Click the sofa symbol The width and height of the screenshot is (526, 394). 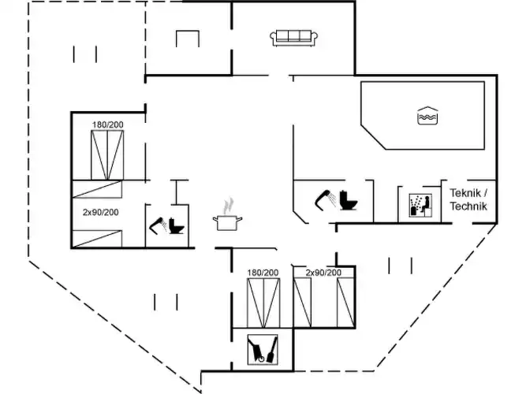click(x=294, y=37)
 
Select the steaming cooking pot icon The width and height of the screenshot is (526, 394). click(x=227, y=217)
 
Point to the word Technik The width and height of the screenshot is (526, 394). click(x=468, y=206)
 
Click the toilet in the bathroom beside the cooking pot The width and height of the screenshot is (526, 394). click(x=177, y=225)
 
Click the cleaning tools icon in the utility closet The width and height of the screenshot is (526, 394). click(x=263, y=349)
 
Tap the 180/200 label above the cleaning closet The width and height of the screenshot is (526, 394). click(x=263, y=273)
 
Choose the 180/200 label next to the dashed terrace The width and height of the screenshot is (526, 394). click(x=107, y=125)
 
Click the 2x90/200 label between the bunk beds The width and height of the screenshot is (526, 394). click(x=100, y=212)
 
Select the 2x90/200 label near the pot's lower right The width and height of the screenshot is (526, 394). click(x=323, y=273)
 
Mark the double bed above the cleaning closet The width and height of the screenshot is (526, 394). click(x=263, y=302)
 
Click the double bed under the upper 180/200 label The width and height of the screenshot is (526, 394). click(x=107, y=155)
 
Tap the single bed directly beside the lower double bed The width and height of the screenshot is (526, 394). click(x=304, y=302)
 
